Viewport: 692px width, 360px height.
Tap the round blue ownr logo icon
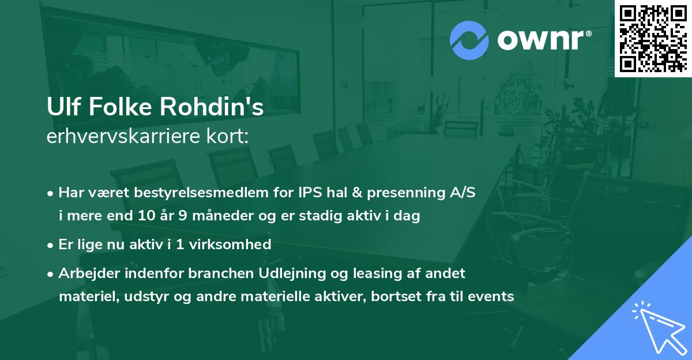pyautogui.click(x=469, y=40)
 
